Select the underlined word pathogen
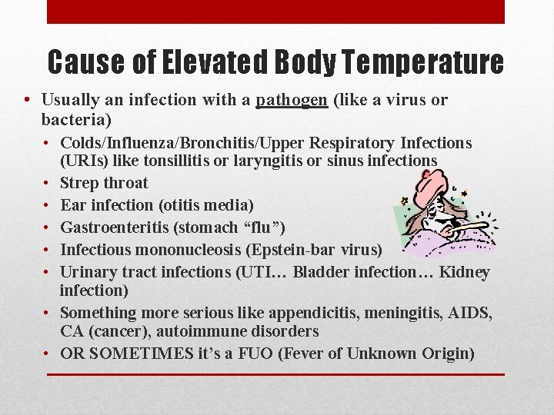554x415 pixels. (x=292, y=100)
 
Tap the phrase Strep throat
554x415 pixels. (x=104, y=183)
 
